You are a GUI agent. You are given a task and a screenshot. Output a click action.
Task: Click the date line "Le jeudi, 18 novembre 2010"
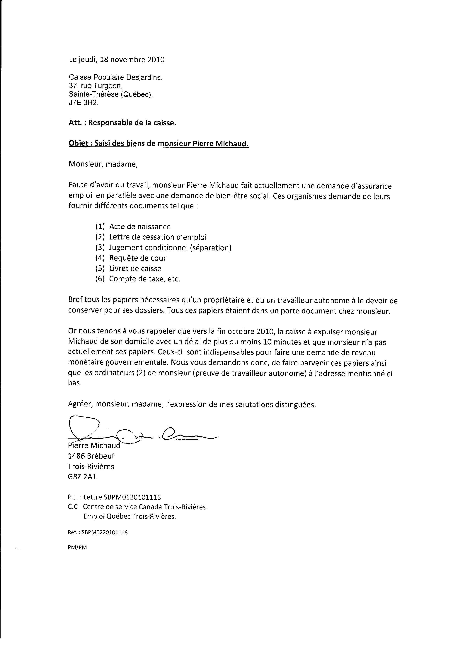117,60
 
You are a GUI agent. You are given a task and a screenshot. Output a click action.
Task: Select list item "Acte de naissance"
140,227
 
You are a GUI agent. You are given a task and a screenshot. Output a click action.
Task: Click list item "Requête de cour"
138,258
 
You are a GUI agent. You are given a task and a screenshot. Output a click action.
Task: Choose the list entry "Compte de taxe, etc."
144,279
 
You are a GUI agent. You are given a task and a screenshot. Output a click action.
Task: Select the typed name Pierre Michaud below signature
94,446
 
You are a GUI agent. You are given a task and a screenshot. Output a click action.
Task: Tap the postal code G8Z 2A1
82,477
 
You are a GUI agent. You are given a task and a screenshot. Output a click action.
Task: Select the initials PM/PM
77,548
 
